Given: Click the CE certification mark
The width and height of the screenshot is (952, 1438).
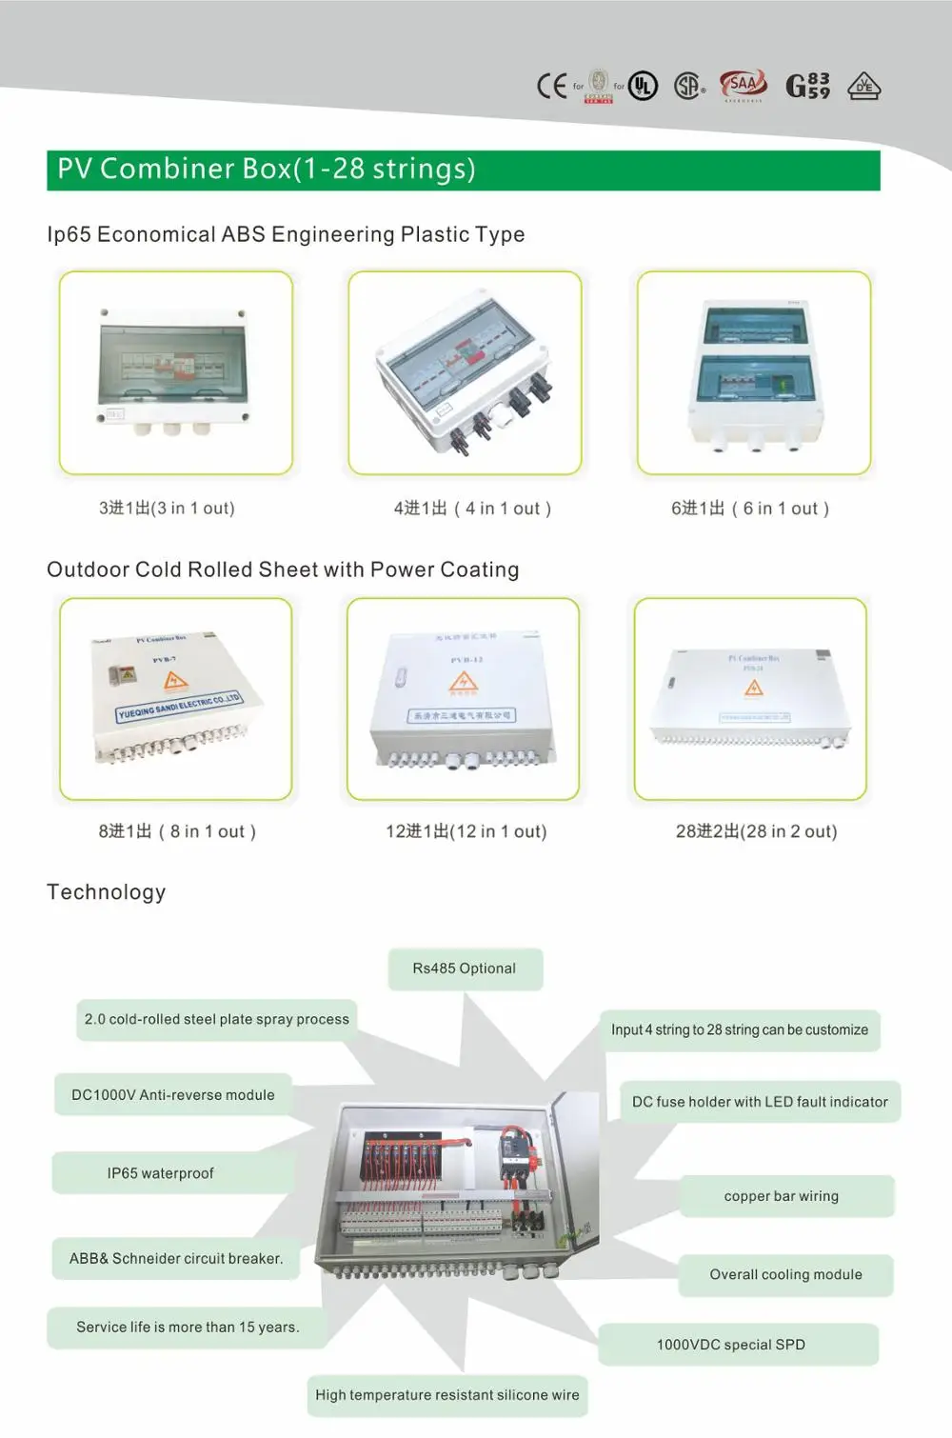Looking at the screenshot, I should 551,87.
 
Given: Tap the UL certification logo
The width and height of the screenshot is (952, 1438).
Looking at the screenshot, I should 644,87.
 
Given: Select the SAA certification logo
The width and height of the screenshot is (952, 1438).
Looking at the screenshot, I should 743,86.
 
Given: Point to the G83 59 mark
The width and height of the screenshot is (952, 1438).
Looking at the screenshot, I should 807,87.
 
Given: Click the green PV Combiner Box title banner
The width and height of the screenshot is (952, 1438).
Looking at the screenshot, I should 463,170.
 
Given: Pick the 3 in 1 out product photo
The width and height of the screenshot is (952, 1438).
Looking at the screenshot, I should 175,372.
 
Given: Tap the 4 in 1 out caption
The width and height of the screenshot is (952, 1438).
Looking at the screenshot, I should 472,509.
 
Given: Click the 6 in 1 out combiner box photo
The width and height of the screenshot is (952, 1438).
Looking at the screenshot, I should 754,372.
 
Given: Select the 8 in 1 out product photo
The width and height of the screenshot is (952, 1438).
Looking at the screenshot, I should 175,699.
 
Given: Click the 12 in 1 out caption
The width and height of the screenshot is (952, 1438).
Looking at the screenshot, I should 466,831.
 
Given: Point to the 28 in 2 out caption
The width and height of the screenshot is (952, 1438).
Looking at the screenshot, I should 756,831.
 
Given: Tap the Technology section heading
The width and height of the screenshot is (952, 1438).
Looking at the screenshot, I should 107,892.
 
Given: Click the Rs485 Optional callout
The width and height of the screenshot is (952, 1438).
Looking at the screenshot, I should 465,969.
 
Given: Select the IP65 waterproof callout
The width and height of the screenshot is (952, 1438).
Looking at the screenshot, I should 160,1173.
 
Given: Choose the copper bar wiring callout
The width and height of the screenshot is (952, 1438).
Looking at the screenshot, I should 782,1196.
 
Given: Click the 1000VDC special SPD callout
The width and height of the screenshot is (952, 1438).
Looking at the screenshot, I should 731,1345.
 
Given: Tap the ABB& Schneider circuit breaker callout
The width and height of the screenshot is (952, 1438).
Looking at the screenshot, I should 176,1258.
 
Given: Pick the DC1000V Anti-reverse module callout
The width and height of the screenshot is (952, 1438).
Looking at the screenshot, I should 173,1095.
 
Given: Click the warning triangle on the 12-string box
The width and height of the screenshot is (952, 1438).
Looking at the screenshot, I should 463,682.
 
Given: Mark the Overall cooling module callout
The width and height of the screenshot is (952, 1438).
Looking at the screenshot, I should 785,1274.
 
